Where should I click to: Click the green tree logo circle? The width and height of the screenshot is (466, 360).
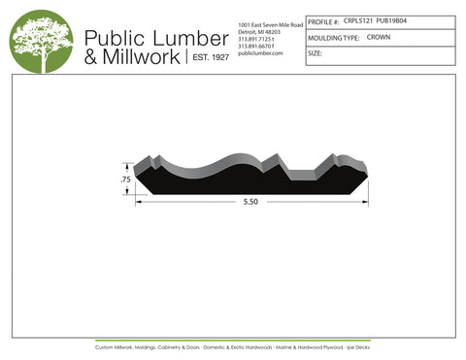point(42,42)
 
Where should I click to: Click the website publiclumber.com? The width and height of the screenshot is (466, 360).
point(259,53)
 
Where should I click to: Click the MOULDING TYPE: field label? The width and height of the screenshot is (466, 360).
point(334,38)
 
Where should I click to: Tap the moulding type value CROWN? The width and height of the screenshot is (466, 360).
point(380,38)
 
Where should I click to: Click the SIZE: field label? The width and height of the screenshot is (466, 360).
point(315,54)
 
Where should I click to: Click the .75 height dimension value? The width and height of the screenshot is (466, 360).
point(124,180)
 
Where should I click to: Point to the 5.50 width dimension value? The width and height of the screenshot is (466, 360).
point(251,203)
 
